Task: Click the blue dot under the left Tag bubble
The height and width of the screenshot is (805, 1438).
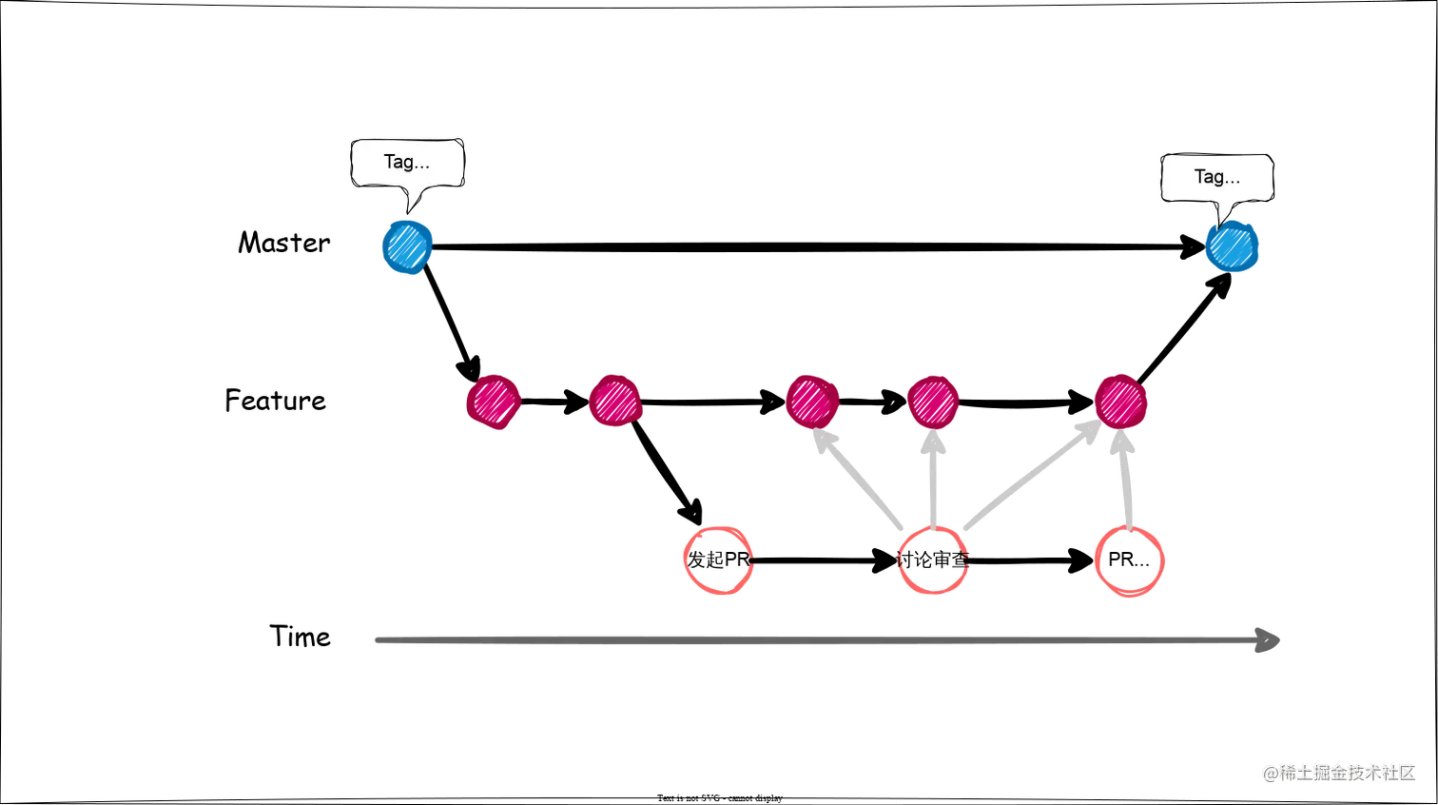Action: (x=407, y=246)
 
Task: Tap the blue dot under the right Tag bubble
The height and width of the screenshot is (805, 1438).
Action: (x=1232, y=246)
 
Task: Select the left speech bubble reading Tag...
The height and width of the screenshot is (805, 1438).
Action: (x=407, y=163)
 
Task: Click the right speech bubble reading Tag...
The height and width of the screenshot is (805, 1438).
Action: (x=1216, y=177)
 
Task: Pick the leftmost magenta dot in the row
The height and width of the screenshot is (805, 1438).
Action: (x=494, y=402)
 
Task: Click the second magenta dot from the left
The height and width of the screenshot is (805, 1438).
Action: (x=614, y=402)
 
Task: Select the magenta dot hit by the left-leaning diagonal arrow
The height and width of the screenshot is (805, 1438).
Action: (x=811, y=402)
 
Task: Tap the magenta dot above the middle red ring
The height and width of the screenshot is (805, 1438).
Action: (x=933, y=402)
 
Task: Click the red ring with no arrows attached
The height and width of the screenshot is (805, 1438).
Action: (x=719, y=560)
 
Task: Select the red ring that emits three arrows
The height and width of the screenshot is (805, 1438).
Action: (x=933, y=560)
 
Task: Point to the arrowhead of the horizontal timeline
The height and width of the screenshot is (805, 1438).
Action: (x=1269, y=639)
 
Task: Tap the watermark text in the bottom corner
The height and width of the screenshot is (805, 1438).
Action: (x=1338, y=772)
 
